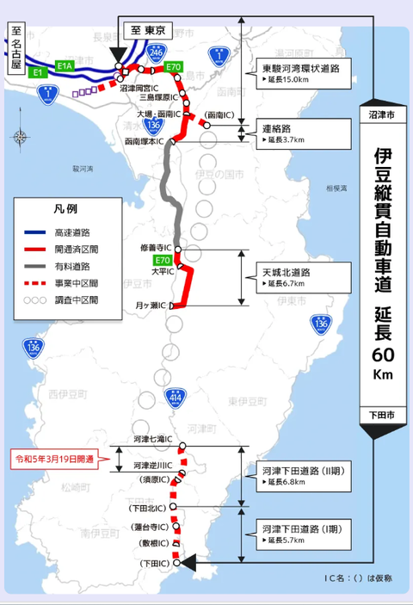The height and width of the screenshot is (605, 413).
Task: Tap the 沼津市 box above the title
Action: (379, 114)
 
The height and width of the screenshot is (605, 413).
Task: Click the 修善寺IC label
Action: (156, 248)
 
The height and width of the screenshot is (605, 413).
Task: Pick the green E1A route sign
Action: (66, 65)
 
